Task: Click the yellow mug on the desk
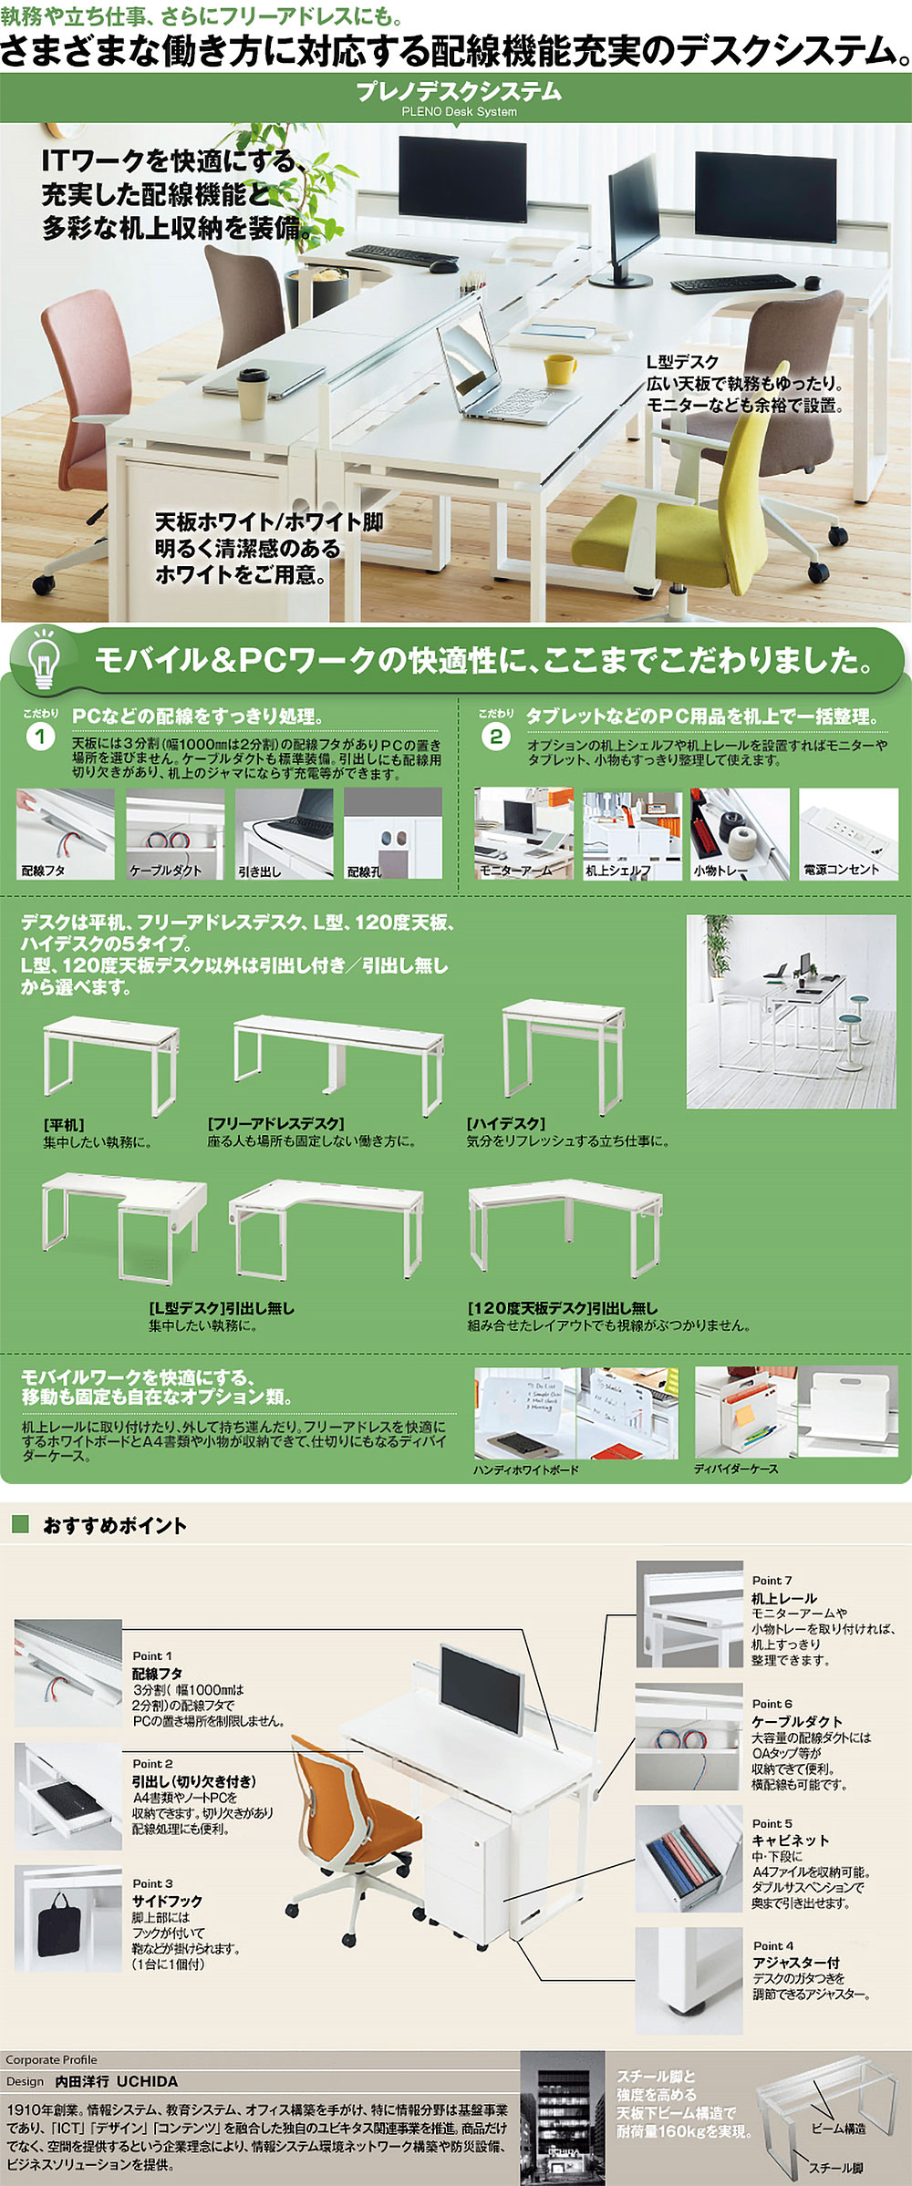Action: click(x=559, y=368)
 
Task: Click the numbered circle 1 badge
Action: click(x=40, y=737)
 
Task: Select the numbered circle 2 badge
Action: click(x=495, y=737)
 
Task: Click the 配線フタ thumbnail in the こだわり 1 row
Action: click(x=65, y=833)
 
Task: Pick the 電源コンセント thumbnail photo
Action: click(x=848, y=833)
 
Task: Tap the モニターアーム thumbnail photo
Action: click(x=523, y=833)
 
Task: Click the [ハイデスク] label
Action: click(x=505, y=1124)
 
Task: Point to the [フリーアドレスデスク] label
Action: click(x=275, y=1124)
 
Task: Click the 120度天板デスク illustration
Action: click(x=565, y=1226)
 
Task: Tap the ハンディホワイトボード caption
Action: click(x=525, y=1469)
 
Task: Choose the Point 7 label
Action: click(x=772, y=1580)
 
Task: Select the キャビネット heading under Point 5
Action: click(x=790, y=1841)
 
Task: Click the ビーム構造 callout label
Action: click(x=838, y=2129)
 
